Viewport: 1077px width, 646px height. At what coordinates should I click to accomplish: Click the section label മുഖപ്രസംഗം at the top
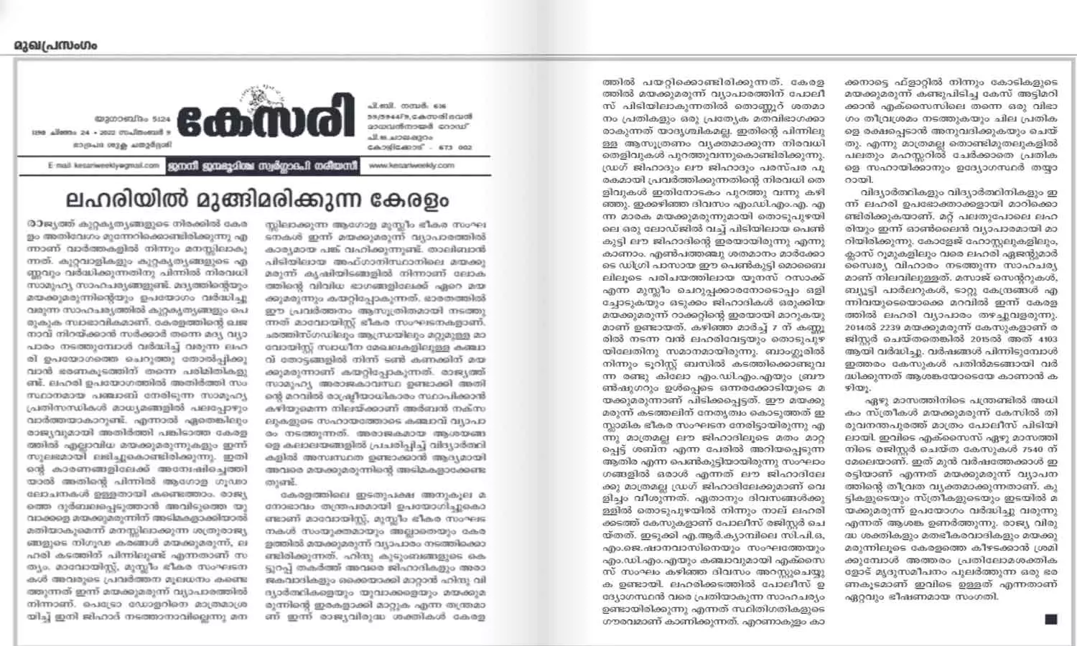click(x=55, y=46)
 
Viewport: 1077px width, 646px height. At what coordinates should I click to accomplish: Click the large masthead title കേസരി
click(x=265, y=118)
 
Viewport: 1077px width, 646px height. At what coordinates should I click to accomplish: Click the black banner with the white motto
click(x=262, y=165)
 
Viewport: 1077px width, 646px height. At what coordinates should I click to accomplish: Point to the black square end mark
click(x=1050, y=619)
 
